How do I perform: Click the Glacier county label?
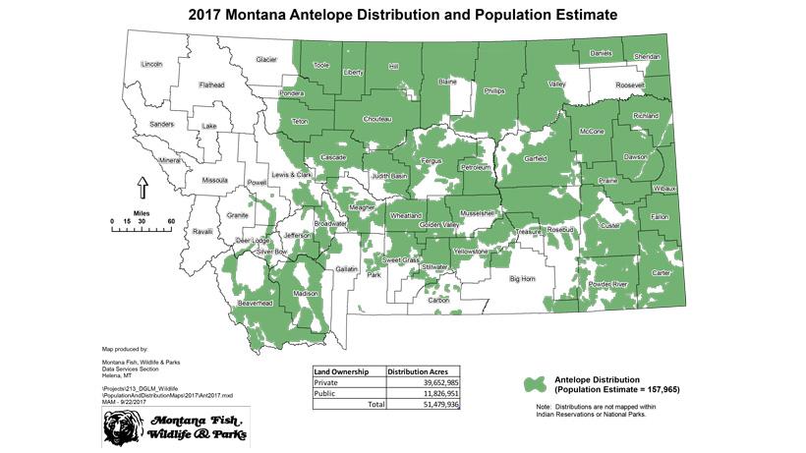(x=266, y=60)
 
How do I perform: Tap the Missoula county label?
(x=214, y=181)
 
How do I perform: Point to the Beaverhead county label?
(x=255, y=304)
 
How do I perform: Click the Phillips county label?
(x=494, y=90)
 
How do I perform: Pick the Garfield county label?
(x=536, y=157)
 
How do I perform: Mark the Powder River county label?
(x=606, y=283)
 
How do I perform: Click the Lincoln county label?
(x=151, y=65)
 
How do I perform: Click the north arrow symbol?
(x=142, y=186)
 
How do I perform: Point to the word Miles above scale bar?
(x=142, y=211)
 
